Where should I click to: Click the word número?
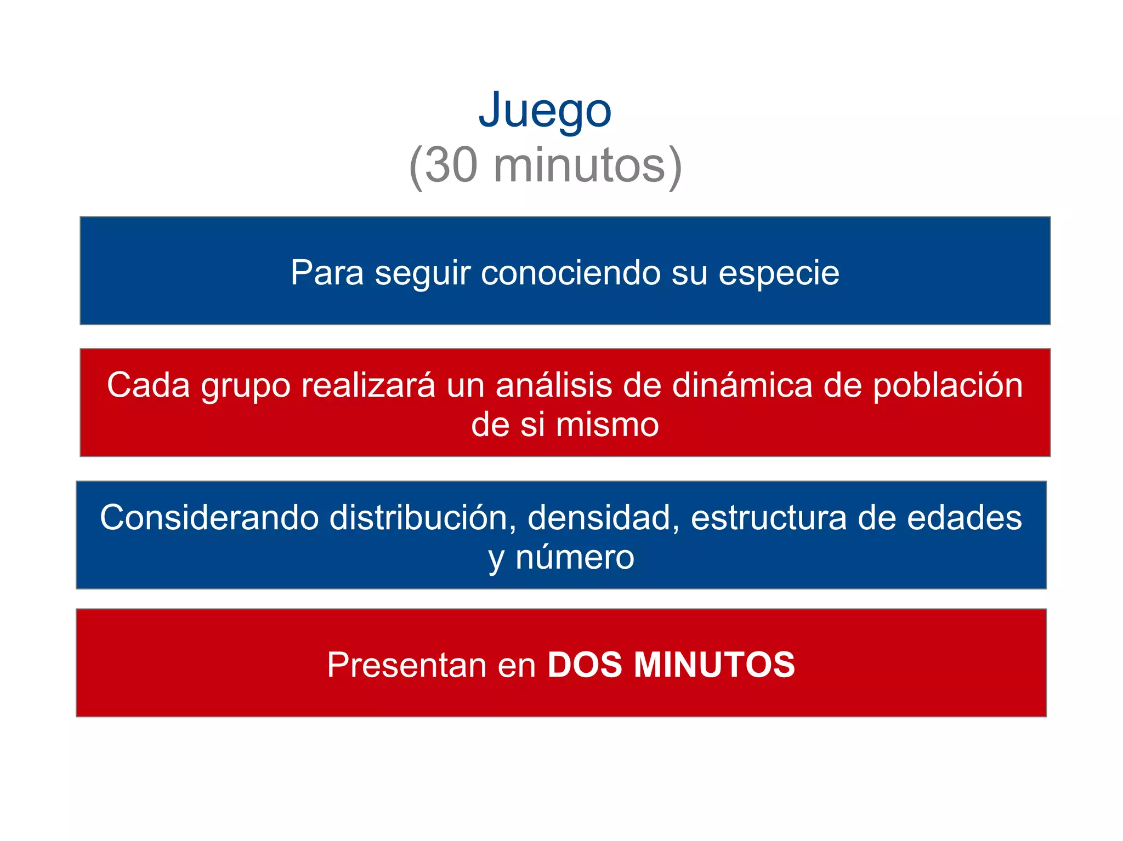tap(575, 557)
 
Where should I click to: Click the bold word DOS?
tap(585, 665)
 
